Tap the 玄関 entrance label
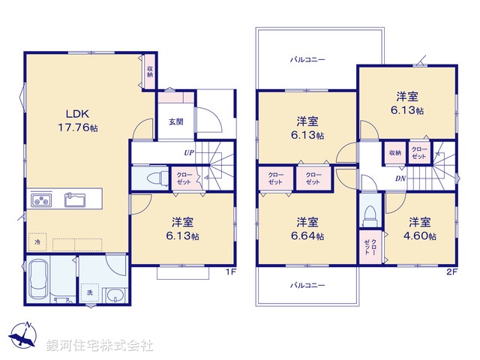[x=175, y=121]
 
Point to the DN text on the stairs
[x=401, y=178]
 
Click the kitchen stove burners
[x=40, y=200]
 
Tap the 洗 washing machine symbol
[x=90, y=292]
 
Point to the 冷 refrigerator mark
[x=37, y=243]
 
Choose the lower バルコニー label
[x=307, y=286]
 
